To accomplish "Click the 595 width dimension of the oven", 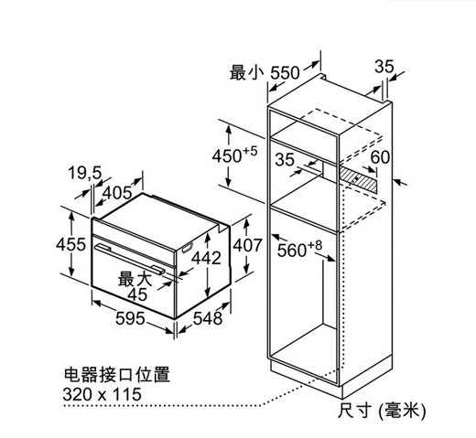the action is click(130, 319).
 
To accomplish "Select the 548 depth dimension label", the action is click(208, 319).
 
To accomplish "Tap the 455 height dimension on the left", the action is click(70, 244).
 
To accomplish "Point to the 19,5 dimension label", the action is click(84, 173).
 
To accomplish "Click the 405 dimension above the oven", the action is click(117, 193).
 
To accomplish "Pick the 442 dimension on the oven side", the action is click(206, 258).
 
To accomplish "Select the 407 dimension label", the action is click(247, 245).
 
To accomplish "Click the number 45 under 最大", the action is click(137, 294).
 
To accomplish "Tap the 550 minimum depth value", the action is click(286, 73).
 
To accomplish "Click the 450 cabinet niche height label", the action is click(235, 155).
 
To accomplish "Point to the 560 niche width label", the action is click(299, 250).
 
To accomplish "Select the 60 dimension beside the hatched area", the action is click(380, 157).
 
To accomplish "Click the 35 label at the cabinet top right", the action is click(384, 67).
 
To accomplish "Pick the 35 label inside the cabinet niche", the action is click(285, 160).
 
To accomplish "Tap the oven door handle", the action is click(130, 260).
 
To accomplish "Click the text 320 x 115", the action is click(103, 394).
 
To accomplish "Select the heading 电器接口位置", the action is click(117, 374).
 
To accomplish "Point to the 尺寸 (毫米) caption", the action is click(382, 410).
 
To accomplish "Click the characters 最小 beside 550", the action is click(247, 72).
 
